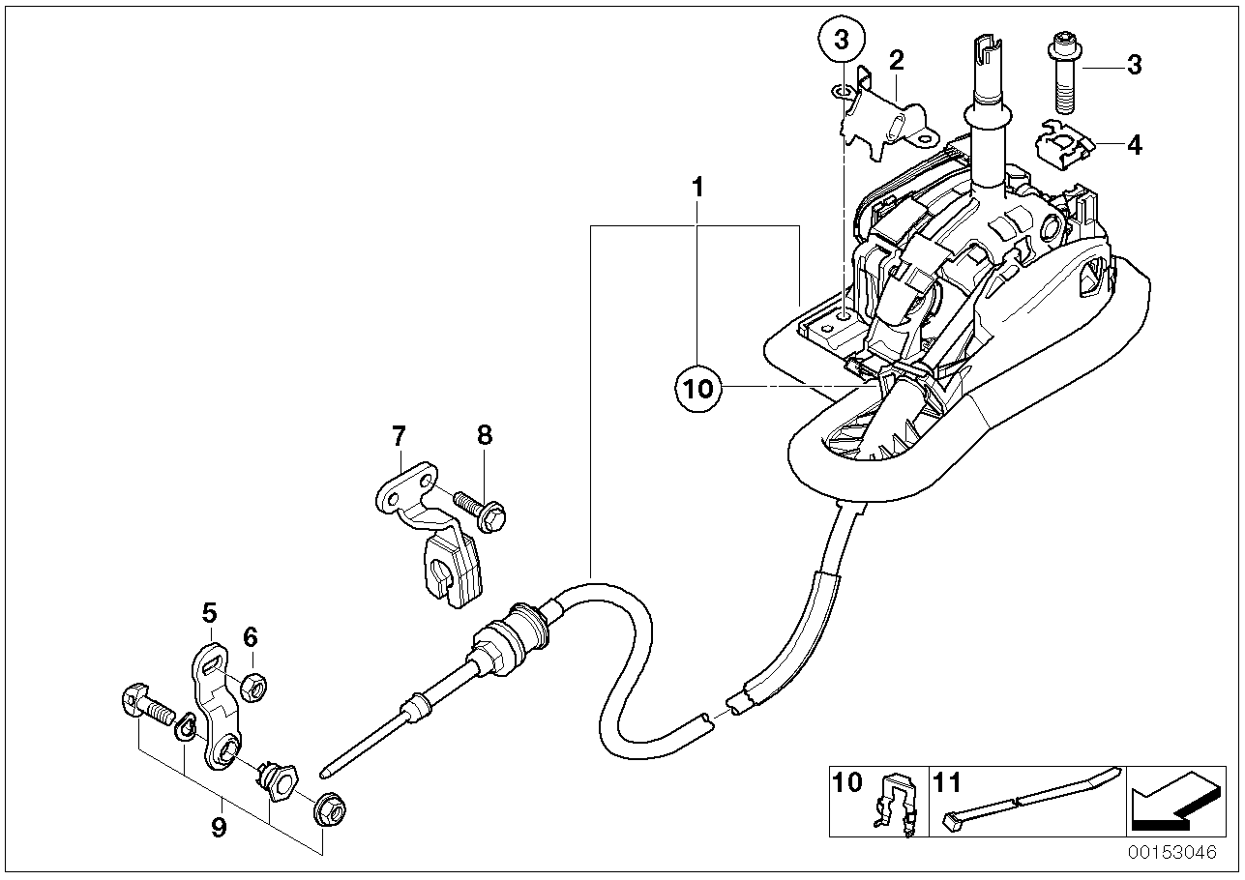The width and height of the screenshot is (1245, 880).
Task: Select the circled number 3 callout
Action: [x=841, y=41]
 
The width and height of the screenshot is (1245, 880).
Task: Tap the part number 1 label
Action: [x=698, y=187]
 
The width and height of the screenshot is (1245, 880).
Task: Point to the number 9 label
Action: [x=219, y=828]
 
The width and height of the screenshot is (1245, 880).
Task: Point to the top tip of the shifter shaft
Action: [x=985, y=43]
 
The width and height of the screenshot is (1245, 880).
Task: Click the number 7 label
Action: [x=398, y=436]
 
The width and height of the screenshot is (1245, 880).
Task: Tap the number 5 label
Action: [x=209, y=611]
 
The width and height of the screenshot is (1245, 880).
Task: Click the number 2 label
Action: [x=896, y=61]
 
